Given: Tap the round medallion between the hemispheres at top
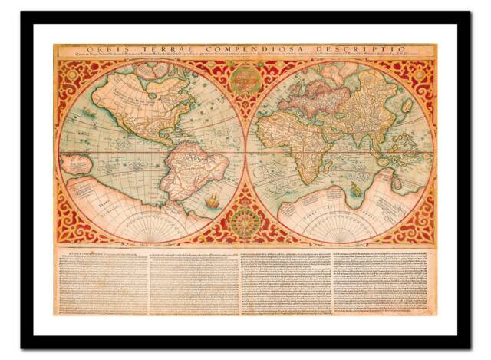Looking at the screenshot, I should point(245,79).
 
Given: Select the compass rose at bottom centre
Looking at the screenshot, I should point(245,222).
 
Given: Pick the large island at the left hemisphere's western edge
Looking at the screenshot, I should point(76,163).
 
